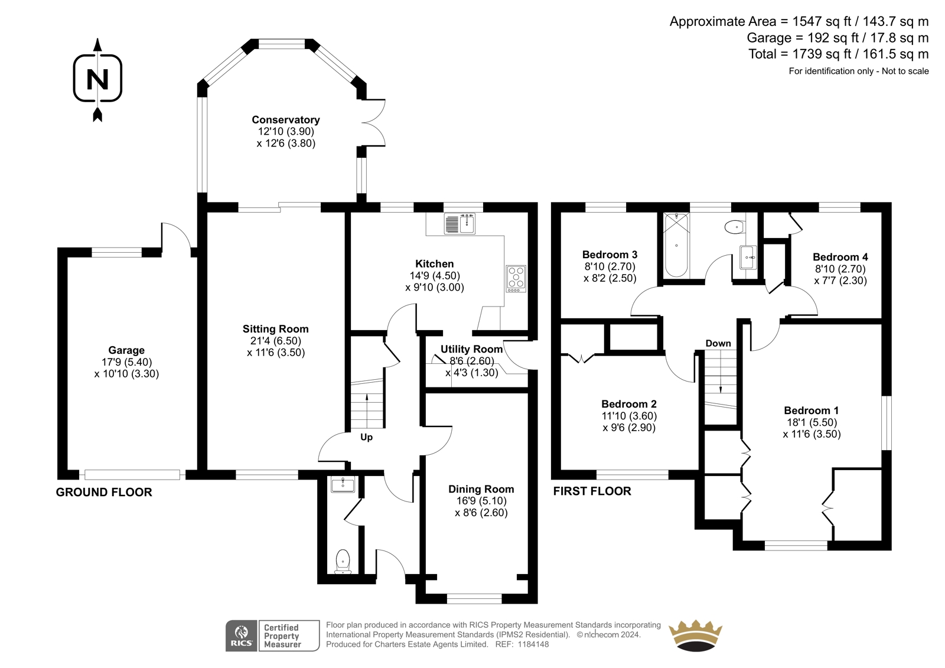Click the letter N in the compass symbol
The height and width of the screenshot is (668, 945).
97,79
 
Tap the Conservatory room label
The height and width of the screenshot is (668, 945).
286,120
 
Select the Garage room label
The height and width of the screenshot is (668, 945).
126,350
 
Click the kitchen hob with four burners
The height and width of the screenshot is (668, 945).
516,279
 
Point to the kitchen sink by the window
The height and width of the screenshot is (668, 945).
460,224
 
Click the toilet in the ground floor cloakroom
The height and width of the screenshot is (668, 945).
343,561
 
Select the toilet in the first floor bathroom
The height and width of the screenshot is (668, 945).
735,227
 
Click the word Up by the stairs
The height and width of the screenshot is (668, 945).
366,437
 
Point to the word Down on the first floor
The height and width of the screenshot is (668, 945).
718,344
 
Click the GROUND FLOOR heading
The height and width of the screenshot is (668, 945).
104,493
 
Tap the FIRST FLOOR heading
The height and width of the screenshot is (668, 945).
592,491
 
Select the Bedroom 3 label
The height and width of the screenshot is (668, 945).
610,255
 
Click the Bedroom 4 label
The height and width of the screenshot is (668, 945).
840,257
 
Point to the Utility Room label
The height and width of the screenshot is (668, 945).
471,350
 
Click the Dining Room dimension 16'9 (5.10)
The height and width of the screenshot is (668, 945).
481,501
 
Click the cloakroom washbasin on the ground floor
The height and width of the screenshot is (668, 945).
343,485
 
